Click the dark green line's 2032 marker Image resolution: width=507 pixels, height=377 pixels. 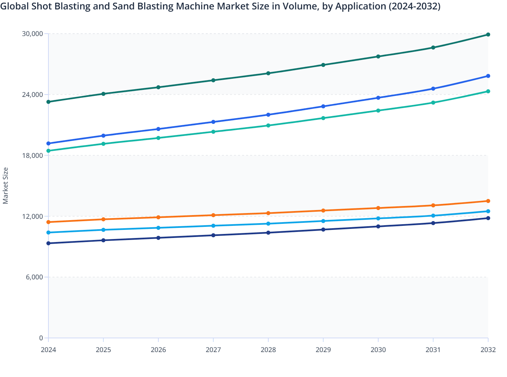point(488,35)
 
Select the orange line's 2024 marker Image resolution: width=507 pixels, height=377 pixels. point(48,222)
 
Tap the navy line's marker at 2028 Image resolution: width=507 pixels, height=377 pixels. point(268,233)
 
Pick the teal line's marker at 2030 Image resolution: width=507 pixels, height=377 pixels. point(378,111)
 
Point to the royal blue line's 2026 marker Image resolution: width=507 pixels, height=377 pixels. point(158,129)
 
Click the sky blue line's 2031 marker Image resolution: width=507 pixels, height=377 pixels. point(433,216)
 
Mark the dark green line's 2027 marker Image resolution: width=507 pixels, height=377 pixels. point(213,80)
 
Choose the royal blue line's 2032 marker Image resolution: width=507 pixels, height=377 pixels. point(488,76)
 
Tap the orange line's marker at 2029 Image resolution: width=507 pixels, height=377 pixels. point(323,211)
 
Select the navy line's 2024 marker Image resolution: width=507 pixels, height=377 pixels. point(48,243)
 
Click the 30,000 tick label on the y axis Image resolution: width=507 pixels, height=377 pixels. point(32,34)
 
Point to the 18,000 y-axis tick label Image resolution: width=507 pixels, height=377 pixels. point(32,156)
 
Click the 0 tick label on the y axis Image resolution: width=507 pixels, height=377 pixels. point(41,338)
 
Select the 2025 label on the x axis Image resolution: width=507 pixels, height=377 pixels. point(103,350)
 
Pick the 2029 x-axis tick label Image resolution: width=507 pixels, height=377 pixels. point(323,350)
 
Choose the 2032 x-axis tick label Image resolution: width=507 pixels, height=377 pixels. point(488,350)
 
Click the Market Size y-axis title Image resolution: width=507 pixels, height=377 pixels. point(6,185)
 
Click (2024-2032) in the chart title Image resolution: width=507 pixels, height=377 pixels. point(414,6)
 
